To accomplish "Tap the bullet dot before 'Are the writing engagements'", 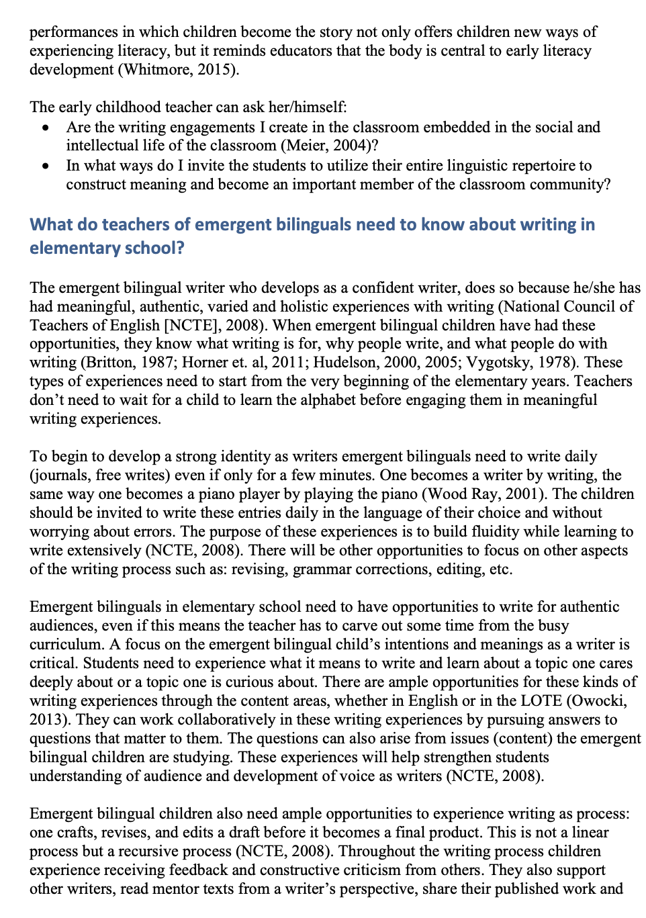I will click(45, 128).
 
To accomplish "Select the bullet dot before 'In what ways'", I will click(45, 166).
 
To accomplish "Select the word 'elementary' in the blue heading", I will click(73, 248).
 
